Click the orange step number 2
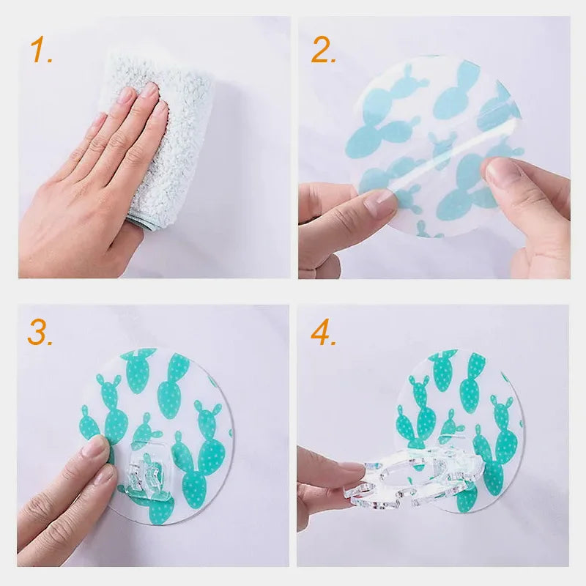tap(323, 51)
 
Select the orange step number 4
tap(323, 333)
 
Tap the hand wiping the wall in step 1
tap(95, 183)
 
